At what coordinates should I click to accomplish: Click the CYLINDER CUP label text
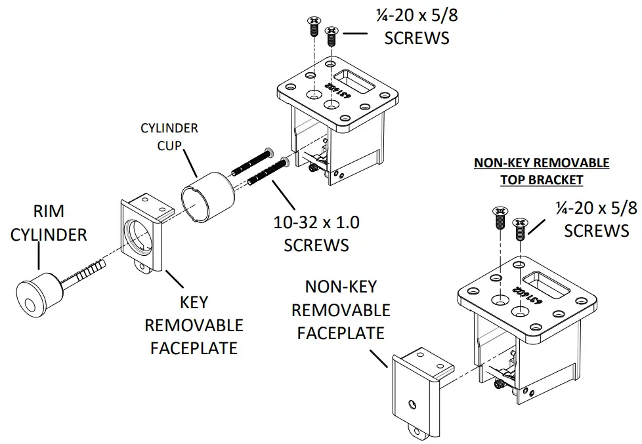(169, 135)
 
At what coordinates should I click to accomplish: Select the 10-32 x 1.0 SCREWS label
(316, 233)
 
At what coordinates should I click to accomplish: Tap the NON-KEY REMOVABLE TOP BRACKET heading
(542, 171)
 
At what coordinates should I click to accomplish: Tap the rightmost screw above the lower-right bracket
(520, 229)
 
